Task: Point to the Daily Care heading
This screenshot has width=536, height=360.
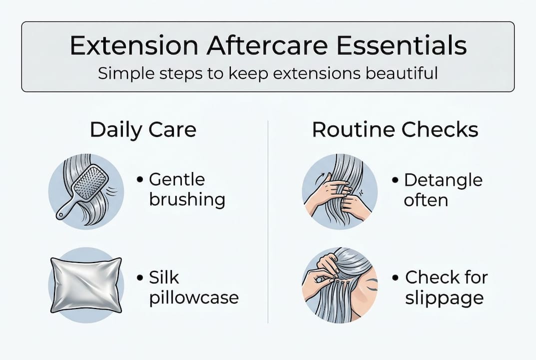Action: (x=143, y=130)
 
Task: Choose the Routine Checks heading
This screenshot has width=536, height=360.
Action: (x=395, y=130)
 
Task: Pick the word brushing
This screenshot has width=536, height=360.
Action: (x=187, y=199)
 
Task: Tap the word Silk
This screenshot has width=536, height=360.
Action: (x=164, y=277)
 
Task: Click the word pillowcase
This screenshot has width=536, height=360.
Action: (x=194, y=297)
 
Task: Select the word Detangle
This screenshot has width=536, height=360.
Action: (x=443, y=179)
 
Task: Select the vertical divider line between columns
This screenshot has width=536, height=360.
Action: (x=268, y=220)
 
